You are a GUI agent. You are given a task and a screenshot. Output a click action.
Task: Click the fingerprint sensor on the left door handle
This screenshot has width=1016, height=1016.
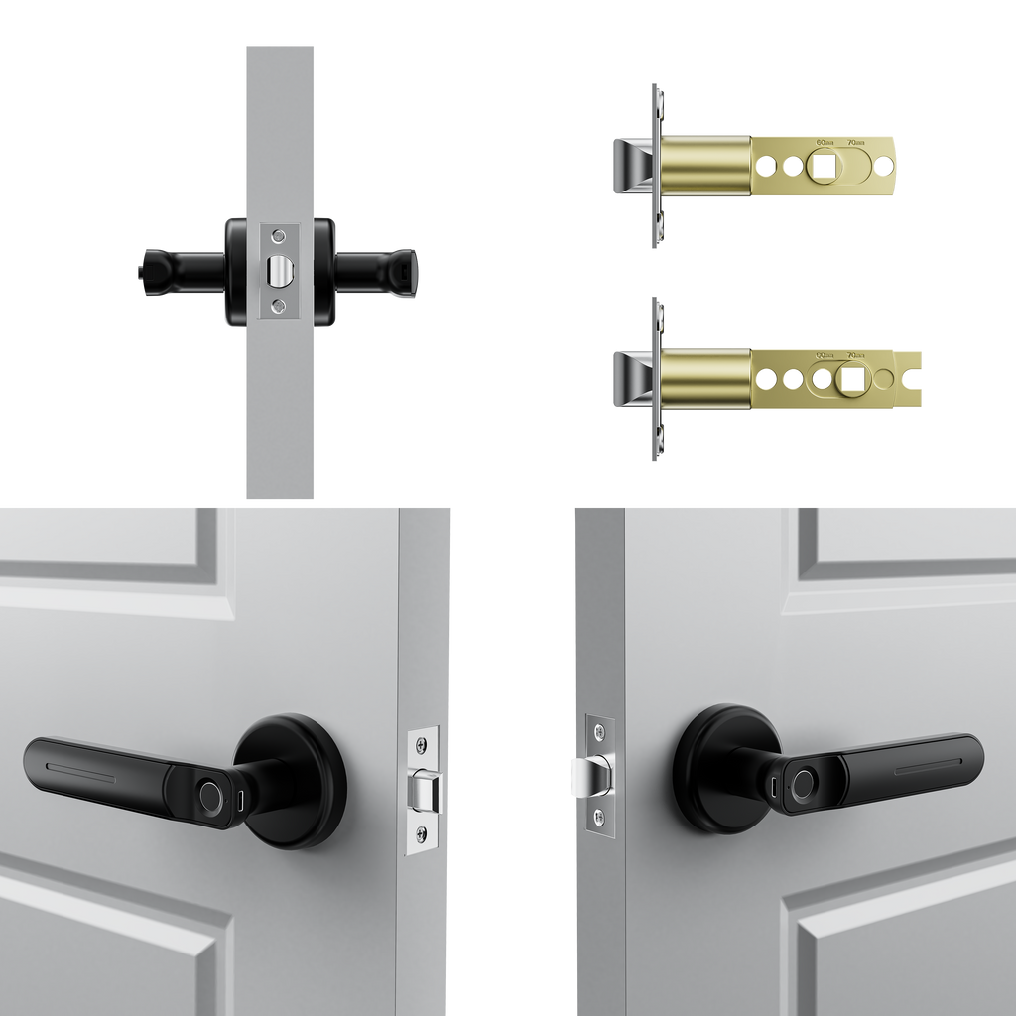pyautogui.click(x=210, y=795)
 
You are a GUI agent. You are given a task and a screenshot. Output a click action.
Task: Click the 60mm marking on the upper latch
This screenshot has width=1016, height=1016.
pyautogui.click(x=822, y=141)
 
